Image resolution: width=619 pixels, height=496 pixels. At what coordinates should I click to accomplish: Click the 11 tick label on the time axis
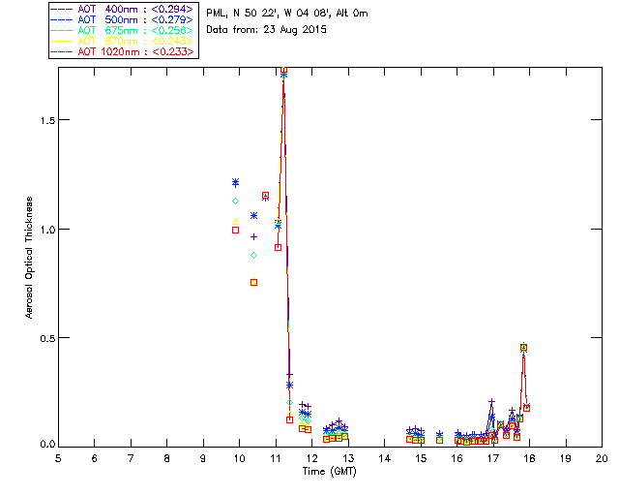point(276,457)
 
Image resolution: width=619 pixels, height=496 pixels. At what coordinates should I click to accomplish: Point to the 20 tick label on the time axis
point(602,457)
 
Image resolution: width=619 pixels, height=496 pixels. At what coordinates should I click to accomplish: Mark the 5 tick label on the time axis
point(58,457)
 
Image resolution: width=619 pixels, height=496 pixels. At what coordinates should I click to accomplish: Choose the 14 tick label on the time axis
point(384,457)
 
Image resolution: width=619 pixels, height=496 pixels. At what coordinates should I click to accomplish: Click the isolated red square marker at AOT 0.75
point(253,282)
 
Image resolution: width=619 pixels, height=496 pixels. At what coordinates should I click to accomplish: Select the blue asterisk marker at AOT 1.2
point(235,182)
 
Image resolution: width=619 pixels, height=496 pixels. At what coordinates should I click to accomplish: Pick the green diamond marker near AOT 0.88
point(253,255)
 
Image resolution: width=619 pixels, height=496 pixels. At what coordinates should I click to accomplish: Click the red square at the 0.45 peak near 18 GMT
point(524,347)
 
